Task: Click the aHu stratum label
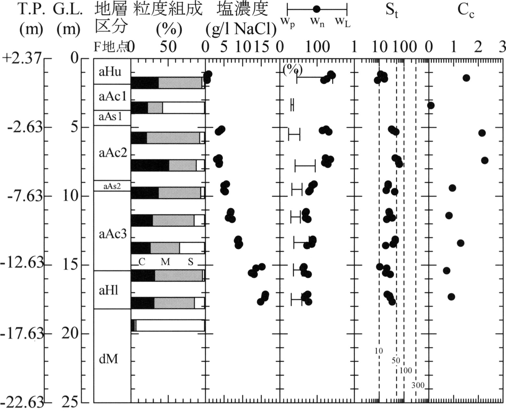click(110, 72)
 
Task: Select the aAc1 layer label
click(112, 97)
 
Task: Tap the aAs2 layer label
click(112, 187)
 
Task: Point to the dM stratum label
click(108, 359)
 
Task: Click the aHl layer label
click(108, 290)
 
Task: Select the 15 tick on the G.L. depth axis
click(70, 265)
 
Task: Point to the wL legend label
click(343, 23)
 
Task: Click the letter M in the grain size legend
click(165, 262)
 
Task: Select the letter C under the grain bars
click(142, 262)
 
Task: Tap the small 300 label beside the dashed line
click(418, 385)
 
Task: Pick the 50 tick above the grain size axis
click(168, 47)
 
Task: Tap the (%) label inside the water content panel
click(293, 70)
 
